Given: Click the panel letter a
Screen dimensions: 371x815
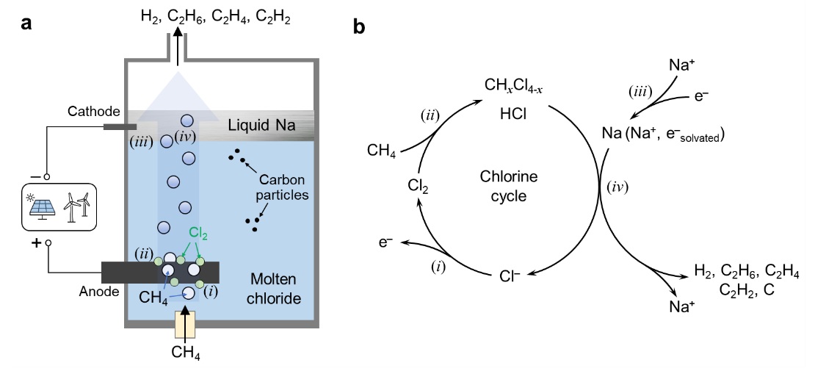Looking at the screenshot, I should click(x=27, y=24).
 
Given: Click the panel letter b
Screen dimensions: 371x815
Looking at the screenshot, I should click(x=359, y=28).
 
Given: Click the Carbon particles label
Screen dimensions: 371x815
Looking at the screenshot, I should click(x=284, y=189).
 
